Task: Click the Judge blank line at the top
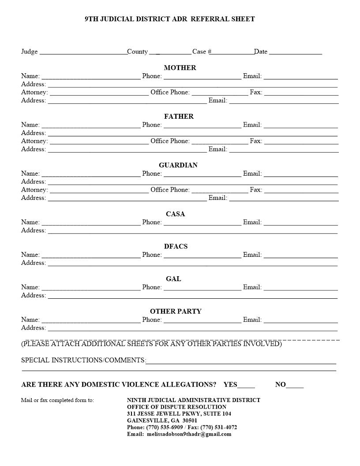pyautogui.click(x=83, y=52)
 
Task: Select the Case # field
pyautogui.click(x=232, y=52)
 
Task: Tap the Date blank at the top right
pyautogui.click(x=295, y=52)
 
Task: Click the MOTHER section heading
pyautogui.click(x=180, y=68)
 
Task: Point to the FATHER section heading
pyautogui.click(x=179, y=116)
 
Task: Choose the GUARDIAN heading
pyautogui.click(x=178, y=165)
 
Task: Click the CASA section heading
pyautogui.click(x=175, y=214)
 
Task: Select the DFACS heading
pyautogui.click(x=176, y=246)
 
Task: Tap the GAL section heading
pyautogui.click(x=173, y=279)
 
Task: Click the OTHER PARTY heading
pyautogui.click(x=176, y=312)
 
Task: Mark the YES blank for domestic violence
pyautogui.click(x=246, y=385)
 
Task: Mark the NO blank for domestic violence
pyautogui.click(x=295, y=385)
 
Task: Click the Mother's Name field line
pyautogui.click(x=90, y=77)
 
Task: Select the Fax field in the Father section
pyautogui.click(x=301, y=142)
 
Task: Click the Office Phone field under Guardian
pyautogui.click(x=220, y=190)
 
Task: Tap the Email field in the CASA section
pyautogui.click(x=300, y=223)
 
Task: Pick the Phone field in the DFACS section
pyautogui.click(x=202, y=255)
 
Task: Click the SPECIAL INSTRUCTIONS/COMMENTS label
pyautogui.click(x=83, y=361)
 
